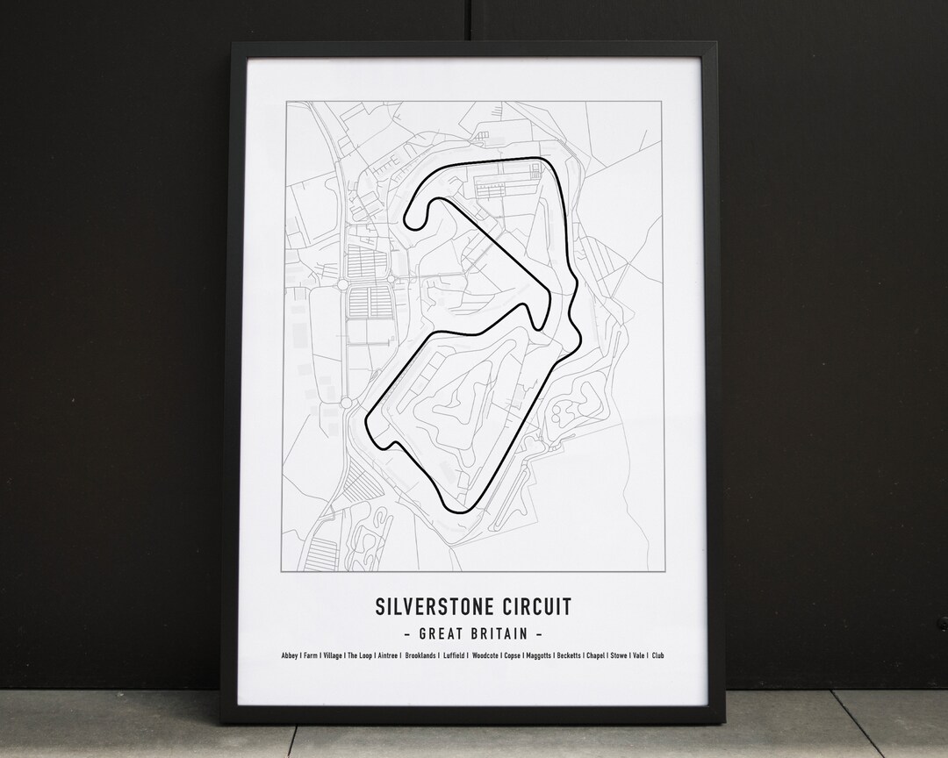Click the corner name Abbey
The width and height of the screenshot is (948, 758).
point(290,655)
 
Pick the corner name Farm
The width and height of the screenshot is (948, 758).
point(310,655)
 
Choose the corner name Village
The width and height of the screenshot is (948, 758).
point(333,655)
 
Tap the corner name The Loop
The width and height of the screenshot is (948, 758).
point(360,655)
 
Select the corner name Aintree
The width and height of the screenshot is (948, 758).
point(387,655)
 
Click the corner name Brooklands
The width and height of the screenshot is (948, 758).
point(420,655)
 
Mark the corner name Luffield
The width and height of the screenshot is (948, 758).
point(454,655)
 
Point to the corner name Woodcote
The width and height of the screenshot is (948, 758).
point(485,655)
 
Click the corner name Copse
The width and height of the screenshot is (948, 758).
point(513,655)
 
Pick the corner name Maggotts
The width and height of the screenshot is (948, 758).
point(539,655)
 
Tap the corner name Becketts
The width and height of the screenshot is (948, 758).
point(569,655)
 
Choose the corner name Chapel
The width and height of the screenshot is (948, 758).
point(595,655)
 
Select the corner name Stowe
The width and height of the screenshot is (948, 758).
point(619,655)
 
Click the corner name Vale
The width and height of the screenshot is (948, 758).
point(639,655)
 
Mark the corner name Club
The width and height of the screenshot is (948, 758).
point(657,655)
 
